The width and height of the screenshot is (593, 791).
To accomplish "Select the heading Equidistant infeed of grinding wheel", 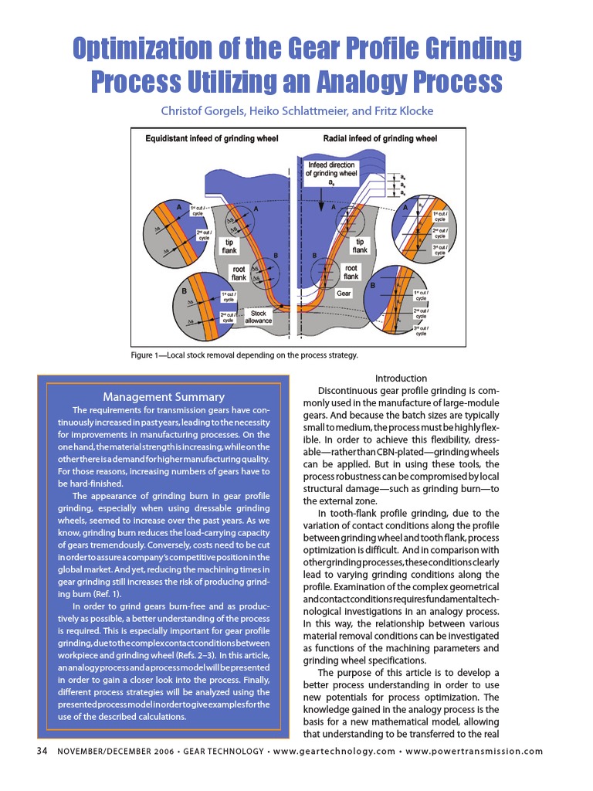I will pos(212,139).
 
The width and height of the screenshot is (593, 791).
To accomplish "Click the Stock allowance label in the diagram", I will pos(259,317).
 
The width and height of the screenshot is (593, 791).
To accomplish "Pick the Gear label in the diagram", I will pos(344,294).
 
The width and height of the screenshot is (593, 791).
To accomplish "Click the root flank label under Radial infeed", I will pos(351,271).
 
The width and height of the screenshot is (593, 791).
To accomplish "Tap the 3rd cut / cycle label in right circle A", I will pos(440,249).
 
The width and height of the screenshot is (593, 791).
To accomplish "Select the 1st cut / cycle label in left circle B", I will pos(228,296).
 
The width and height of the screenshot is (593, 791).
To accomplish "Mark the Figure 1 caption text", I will pos(244,355).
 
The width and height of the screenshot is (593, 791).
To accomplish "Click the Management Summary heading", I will pos(164,397).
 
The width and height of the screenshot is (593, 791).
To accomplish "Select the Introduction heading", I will pos(401,378).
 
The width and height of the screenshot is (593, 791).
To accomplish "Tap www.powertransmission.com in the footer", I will pos(474,752).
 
